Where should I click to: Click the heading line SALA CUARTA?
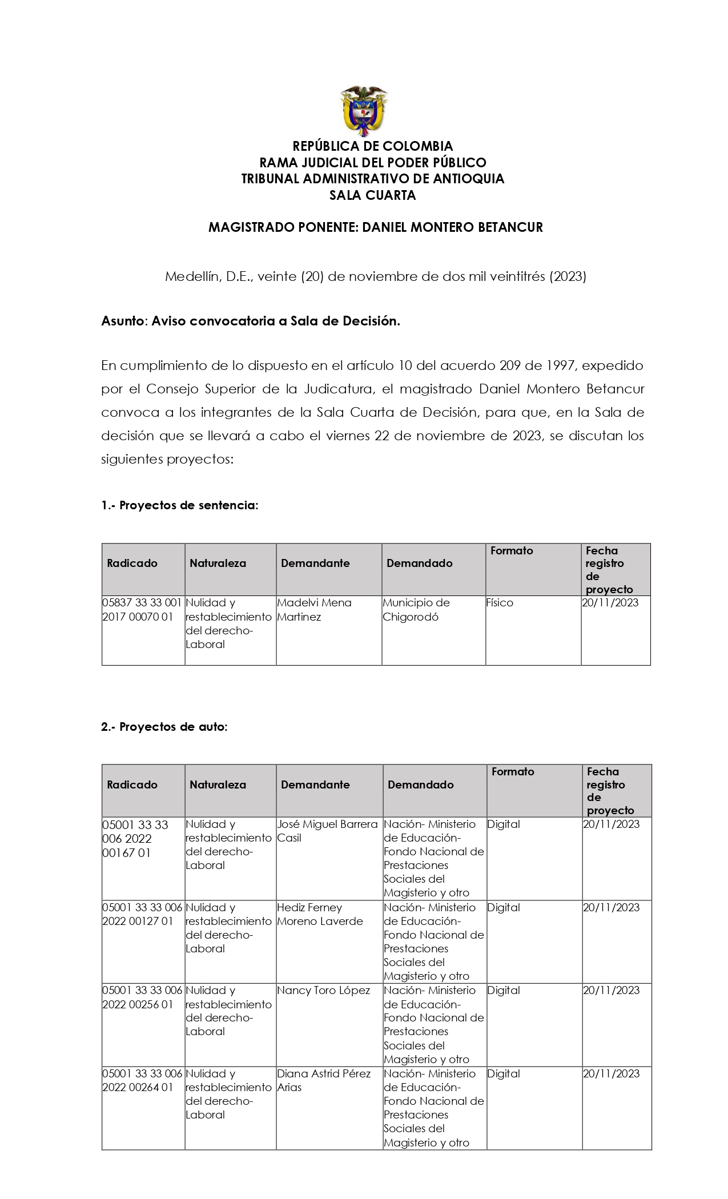372,195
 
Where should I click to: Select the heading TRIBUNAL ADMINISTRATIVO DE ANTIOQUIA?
372,179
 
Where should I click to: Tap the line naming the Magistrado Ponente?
375,227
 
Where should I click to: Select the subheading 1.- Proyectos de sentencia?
180,505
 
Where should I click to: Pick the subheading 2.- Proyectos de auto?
164,727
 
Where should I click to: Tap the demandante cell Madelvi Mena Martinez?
314,610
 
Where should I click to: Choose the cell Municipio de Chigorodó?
416,610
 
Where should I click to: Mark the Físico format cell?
500,603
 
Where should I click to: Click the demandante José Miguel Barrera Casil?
327,831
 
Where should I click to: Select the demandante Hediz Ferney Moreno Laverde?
320,914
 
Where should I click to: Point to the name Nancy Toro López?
323,991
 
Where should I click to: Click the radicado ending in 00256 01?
142,997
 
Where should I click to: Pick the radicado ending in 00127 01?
142,914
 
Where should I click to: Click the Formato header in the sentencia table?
512,551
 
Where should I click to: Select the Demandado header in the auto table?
420,785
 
